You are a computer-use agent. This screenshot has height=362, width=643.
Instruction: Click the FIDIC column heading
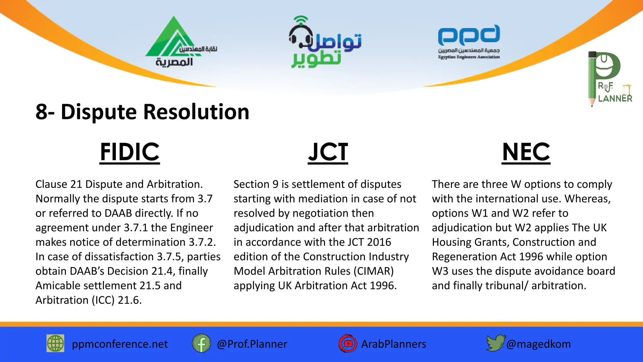click(x=130, y=152)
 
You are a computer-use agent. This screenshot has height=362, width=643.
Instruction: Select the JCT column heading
click(x=328, y=152)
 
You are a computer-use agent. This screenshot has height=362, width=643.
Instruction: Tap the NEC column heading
click(x=526, y=152)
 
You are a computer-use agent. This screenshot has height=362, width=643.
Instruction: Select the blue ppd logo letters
click(x=469, y=35)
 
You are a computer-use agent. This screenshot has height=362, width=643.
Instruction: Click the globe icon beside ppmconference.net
click(x=55, y=343)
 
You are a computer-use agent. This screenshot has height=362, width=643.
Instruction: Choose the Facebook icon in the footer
click(x=201, y=343)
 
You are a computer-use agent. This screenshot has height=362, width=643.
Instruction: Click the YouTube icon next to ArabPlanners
click(x=348, y=343)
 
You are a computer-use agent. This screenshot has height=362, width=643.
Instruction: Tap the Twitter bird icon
click(x=495, y=343)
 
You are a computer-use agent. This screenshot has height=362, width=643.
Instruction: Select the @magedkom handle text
click(x=538, y=344)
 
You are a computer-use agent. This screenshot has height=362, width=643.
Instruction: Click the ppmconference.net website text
click(x=120, y=344)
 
